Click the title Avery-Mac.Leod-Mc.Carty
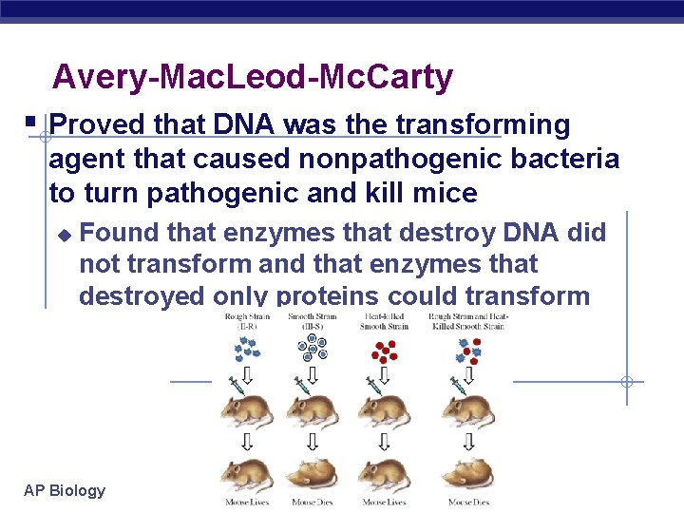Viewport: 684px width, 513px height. (253, 77)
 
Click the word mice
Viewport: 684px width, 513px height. (445, 194)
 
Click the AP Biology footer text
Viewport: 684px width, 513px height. (65, 490)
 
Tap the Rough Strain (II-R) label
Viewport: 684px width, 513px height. (247, 321)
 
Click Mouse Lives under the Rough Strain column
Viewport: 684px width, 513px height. (247, 502)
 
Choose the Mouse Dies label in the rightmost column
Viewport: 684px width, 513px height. (468, 502)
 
